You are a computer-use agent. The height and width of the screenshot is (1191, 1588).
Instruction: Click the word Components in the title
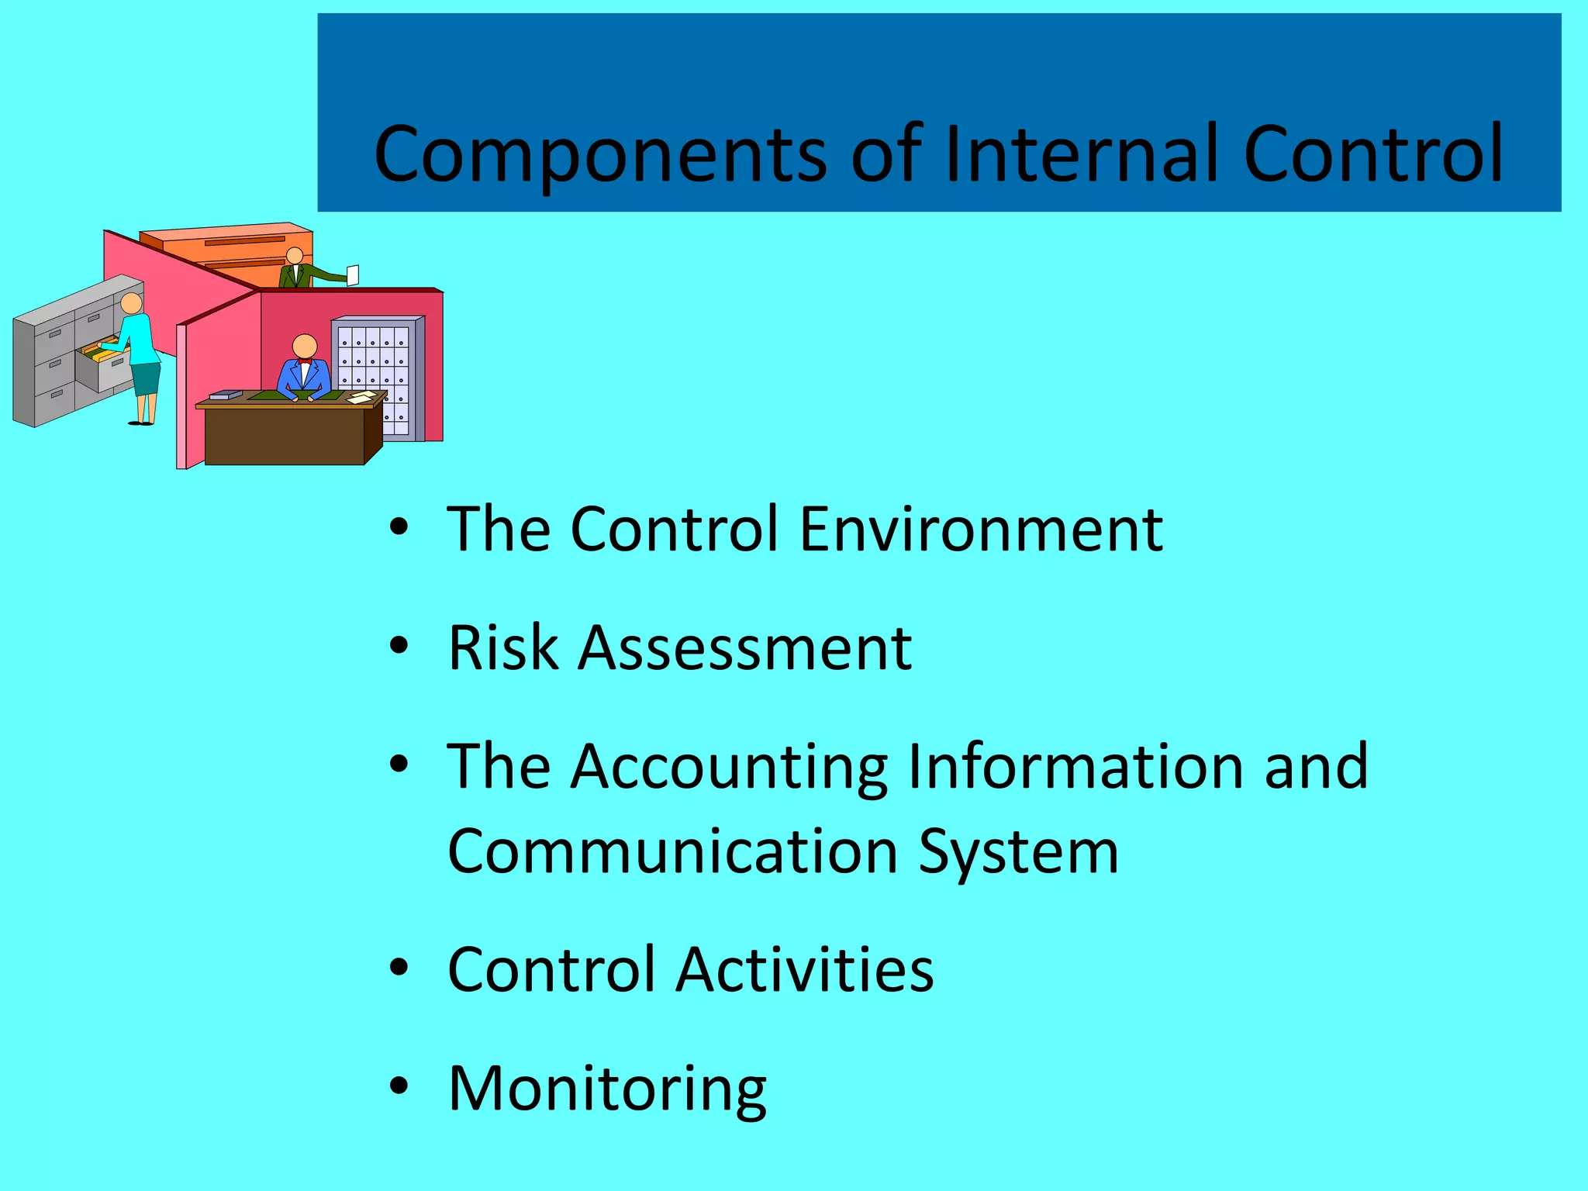600,155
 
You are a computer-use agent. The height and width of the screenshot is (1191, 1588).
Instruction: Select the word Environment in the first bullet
981,530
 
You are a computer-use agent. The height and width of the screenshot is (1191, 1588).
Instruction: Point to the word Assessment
745,648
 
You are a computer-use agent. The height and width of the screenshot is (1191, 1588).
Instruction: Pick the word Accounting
729,768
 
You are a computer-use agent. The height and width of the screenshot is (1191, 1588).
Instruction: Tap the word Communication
673,851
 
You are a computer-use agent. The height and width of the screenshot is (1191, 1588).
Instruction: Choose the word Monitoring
607,1089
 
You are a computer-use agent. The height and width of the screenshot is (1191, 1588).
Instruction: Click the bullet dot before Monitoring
399,1086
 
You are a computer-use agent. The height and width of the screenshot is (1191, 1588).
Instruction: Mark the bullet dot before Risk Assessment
399,645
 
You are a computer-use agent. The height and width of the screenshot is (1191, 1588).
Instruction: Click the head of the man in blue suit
305,346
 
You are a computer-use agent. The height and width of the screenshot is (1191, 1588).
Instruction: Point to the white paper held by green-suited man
353,274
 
